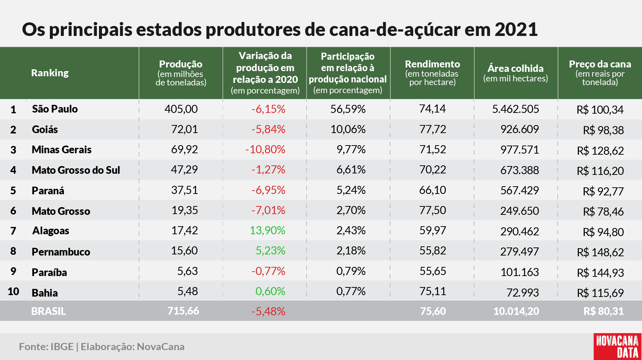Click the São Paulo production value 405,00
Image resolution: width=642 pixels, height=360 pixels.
coord(181,109)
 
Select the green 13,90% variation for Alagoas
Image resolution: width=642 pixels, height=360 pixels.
coord(267,230)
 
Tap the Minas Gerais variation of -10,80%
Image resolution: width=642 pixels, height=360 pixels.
coord(265,149)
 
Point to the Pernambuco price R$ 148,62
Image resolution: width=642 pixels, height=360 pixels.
coord(600,252)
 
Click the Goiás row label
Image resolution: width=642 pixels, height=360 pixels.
coord(45,129)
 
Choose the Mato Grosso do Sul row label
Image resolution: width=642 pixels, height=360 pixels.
coord(76,170)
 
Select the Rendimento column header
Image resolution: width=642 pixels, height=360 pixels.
coord(432,73)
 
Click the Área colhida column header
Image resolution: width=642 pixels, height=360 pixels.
coord(516,73)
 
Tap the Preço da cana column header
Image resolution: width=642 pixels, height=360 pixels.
coord(600,73)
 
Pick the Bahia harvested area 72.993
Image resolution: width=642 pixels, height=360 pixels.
coord(522,293)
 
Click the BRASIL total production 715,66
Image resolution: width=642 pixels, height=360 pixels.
coord(183,311)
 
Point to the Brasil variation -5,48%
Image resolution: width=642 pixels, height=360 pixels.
coord(268,311)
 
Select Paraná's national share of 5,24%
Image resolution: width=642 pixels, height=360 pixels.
coord(351,190)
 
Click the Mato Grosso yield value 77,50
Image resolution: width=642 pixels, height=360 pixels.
coord(433,210)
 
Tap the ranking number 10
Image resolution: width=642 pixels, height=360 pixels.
coord(13,291)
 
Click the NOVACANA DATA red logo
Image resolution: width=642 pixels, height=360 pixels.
coord(617,346)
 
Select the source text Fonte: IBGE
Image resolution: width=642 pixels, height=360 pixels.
coord(46,346)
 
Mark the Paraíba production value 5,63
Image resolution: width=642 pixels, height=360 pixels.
coord(187,271)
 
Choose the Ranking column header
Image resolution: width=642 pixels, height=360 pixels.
coord(50,73)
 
